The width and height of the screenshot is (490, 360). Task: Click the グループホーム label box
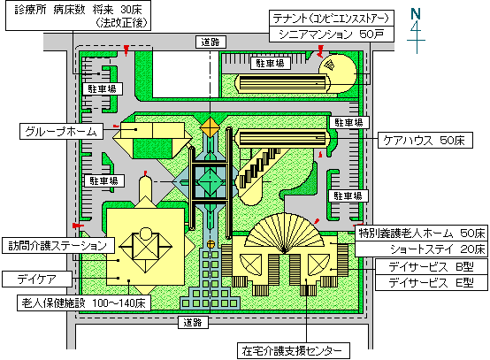(x=61, y=131)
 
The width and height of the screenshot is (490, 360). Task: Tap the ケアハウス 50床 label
(x=425, y=141)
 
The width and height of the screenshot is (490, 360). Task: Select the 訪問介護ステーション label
(x=58, y=245)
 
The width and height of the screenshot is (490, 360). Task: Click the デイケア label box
(x=37, y=279)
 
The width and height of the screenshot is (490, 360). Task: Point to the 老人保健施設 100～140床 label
(x=84, y=303)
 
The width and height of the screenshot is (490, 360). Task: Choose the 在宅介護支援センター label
(x=294, y=350)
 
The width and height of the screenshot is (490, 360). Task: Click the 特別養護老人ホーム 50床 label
(x=421, y=233)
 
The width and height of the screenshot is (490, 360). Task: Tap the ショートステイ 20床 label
(x=421, y=249)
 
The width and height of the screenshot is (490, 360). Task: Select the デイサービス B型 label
(x=432, y=266)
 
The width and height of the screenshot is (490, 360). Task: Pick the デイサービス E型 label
(x=432, y=283)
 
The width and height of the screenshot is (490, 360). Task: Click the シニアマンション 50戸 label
(x=332, y=34)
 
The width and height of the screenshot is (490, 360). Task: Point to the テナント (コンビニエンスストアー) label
(x=332, y=19)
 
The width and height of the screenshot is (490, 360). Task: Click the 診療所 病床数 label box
(x=78, y=15)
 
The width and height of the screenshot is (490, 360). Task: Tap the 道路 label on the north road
(x=211, y=42)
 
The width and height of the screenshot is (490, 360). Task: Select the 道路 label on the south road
(x=193, y=322)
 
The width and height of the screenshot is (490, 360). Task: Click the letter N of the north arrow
(x=416, y=14)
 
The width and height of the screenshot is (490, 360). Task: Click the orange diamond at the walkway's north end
(x=210, y=126)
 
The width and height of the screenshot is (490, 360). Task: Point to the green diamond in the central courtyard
(x=210, y=181)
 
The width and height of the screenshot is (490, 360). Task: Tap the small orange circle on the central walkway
(x=211, y=244)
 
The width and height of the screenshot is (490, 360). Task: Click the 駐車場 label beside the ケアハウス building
(x=349, y=122)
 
